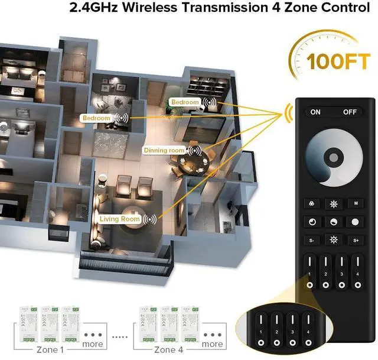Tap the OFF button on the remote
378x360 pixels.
pos(350,112)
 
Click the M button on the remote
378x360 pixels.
pos(355,203)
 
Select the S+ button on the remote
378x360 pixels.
pos(356,241)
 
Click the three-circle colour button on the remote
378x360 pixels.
pos(312,203)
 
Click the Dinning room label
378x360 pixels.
pos(164,151)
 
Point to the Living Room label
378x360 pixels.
pos(120,219)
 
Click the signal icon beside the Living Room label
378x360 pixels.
pos(151,219)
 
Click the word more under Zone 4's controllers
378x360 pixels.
pos(213,344)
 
